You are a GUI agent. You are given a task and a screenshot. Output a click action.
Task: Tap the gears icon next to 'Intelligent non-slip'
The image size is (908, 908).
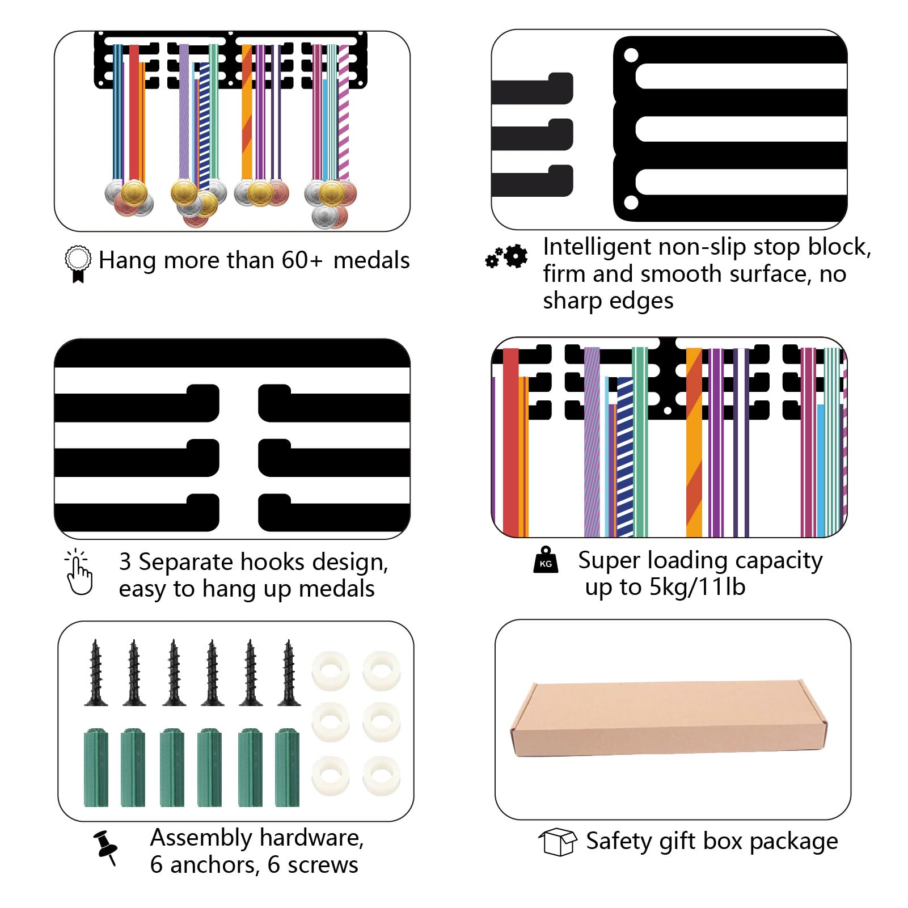pos(506,257)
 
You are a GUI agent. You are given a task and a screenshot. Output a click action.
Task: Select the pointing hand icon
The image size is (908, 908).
pos(79,572)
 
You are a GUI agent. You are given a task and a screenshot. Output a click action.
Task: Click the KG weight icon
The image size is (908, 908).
pos(546,560)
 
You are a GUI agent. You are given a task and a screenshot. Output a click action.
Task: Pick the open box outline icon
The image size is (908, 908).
pos(558,842)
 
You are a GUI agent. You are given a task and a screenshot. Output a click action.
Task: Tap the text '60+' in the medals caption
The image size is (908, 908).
pos(302,260)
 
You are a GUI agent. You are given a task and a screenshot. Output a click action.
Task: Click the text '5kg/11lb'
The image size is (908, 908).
pos(697,587)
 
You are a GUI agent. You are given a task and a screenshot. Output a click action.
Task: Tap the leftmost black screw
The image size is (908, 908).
pos(96,673)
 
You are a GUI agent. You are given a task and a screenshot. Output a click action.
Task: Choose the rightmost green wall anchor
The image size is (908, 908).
pos(287,767)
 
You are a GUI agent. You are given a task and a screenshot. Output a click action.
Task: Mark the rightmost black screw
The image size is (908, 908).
pos(289,673)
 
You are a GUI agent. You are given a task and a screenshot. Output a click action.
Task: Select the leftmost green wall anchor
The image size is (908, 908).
pos(96,767)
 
